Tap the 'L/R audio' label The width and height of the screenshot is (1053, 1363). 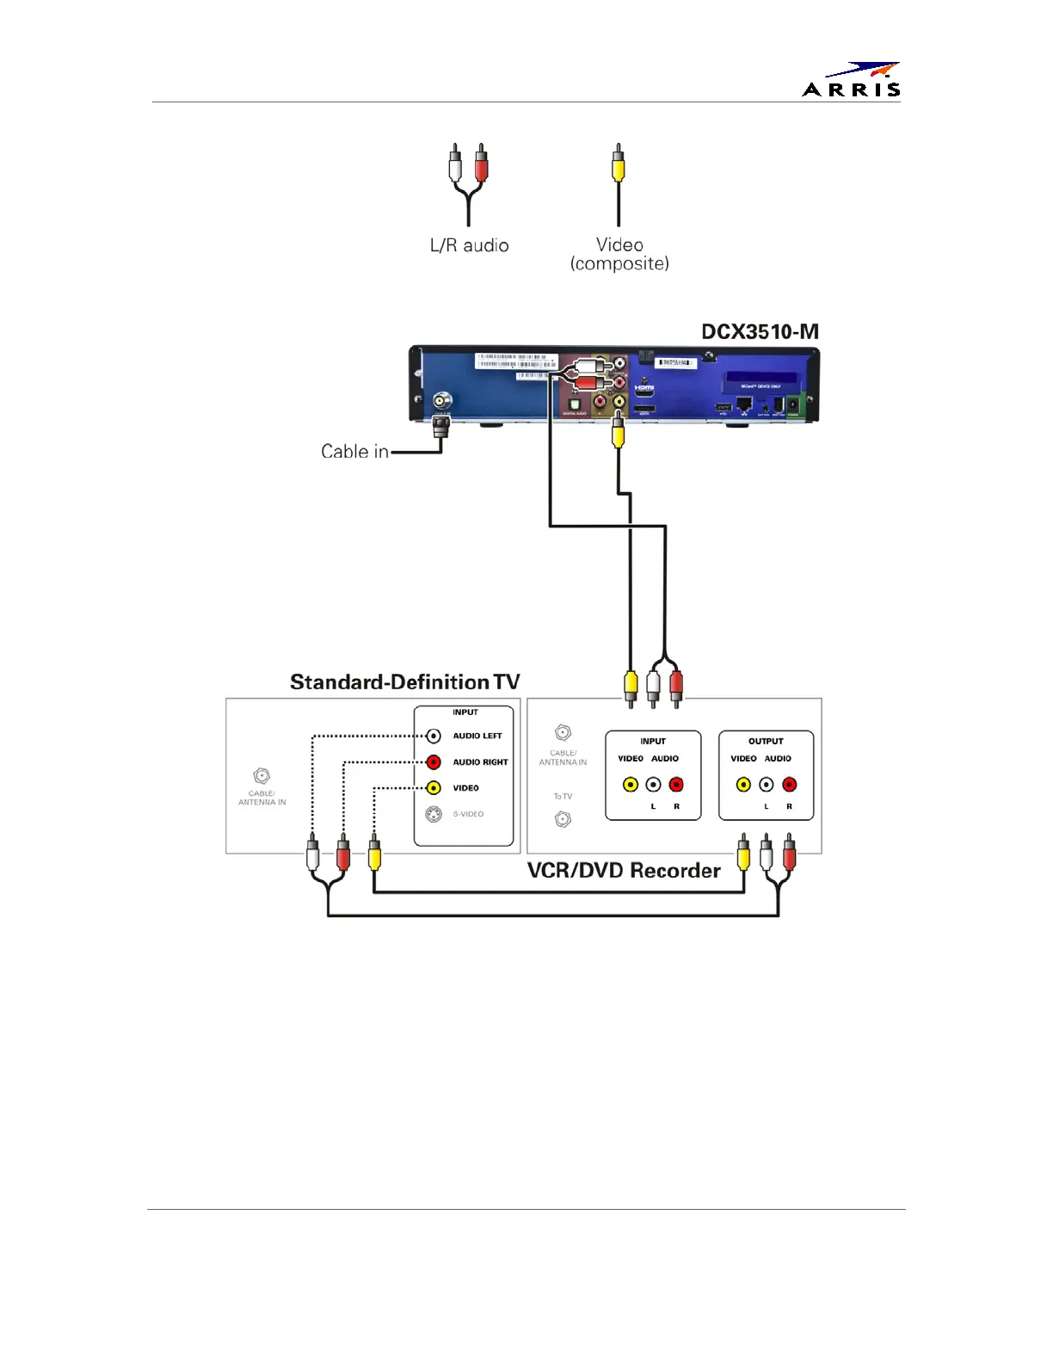tap(469, 246)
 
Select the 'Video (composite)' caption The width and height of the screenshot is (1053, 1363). tap(619, 254)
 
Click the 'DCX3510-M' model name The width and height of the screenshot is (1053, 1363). tap(760, 332)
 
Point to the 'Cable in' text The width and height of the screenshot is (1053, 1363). tap(354, 452)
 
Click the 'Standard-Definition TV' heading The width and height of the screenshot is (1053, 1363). tap(404, 682)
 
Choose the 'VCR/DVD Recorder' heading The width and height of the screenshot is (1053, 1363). tap(624, 871)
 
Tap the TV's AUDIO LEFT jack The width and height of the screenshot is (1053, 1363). tap(434, 736)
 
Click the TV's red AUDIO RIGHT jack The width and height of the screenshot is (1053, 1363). tap(434, 762)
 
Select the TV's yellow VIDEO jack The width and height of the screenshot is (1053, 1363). tap(434, 787)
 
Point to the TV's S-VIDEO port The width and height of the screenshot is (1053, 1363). tap(434, 814)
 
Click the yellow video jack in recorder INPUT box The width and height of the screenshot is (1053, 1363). tap(631, 785)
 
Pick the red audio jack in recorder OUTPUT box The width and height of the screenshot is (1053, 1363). tap(790, 785)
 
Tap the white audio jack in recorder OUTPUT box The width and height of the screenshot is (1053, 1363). tap(767, 785)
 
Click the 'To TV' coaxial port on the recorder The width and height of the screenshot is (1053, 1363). tap(563, 819)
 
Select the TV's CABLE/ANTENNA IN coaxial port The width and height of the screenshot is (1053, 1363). tap(262, 776)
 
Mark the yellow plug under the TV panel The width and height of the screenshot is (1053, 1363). tap(374, 855)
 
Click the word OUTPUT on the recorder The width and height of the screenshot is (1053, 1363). tap(766, 741)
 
